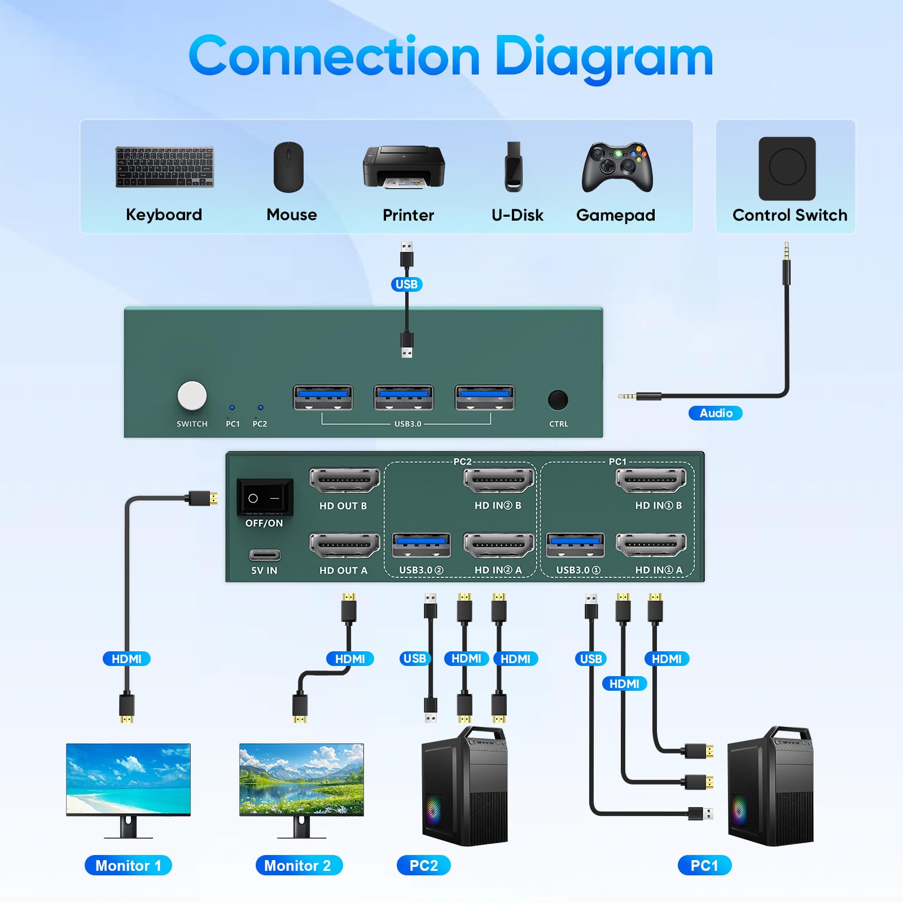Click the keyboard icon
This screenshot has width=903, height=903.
click(164, 167)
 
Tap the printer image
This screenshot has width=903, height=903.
click(404, 167)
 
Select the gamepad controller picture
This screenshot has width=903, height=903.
click(617, 167)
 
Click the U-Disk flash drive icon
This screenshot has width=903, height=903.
click(514, 166)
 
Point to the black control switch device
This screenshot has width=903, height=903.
click(787, 168)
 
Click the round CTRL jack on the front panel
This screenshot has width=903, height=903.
click(558, 400)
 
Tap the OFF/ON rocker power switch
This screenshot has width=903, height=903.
click(265, 498)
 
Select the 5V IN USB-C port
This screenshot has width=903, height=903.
click(264, 555)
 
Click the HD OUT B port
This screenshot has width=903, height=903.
click(344, 481)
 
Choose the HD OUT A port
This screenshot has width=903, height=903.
click(344, 545)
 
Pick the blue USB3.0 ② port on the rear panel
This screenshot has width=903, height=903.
click(421, 545)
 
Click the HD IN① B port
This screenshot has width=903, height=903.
click(651, 481)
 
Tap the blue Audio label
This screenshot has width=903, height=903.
click(716, 413)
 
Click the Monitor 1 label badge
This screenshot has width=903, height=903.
click(128, 865)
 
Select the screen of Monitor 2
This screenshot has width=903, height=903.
click(301, 779)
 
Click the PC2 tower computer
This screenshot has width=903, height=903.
click(464, 787)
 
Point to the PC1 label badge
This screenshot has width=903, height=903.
click(704, 865)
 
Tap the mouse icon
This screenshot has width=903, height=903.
click(288, 167)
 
